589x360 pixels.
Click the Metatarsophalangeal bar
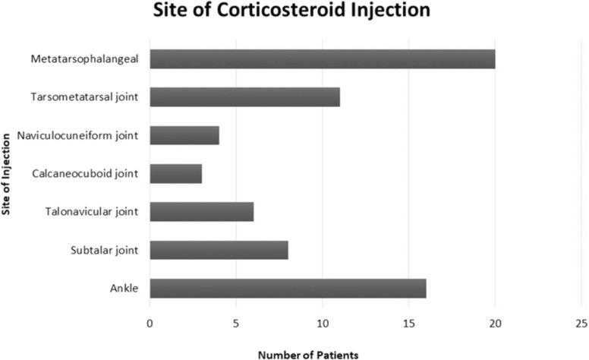[323, 58]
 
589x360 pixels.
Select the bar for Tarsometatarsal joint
[244, 97]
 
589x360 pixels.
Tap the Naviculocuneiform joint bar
[184, 135]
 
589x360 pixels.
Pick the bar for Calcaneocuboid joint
[176, 173]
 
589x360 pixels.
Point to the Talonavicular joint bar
[202, 211]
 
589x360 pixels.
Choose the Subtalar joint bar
[219, 250]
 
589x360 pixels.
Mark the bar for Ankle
[288, 288]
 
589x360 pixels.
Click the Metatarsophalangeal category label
[84, 58]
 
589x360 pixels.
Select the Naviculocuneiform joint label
[77, 135]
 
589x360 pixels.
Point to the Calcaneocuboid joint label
[85, 173]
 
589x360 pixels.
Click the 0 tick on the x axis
[150, 324]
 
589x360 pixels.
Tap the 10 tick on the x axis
[323, 324]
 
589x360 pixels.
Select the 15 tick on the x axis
[409, 324]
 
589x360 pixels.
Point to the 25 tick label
[581, 324]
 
